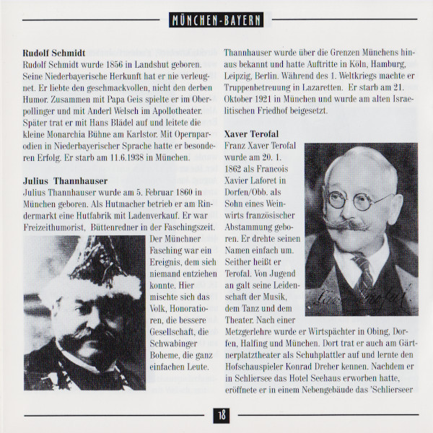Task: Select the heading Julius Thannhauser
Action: coord(67,180)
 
